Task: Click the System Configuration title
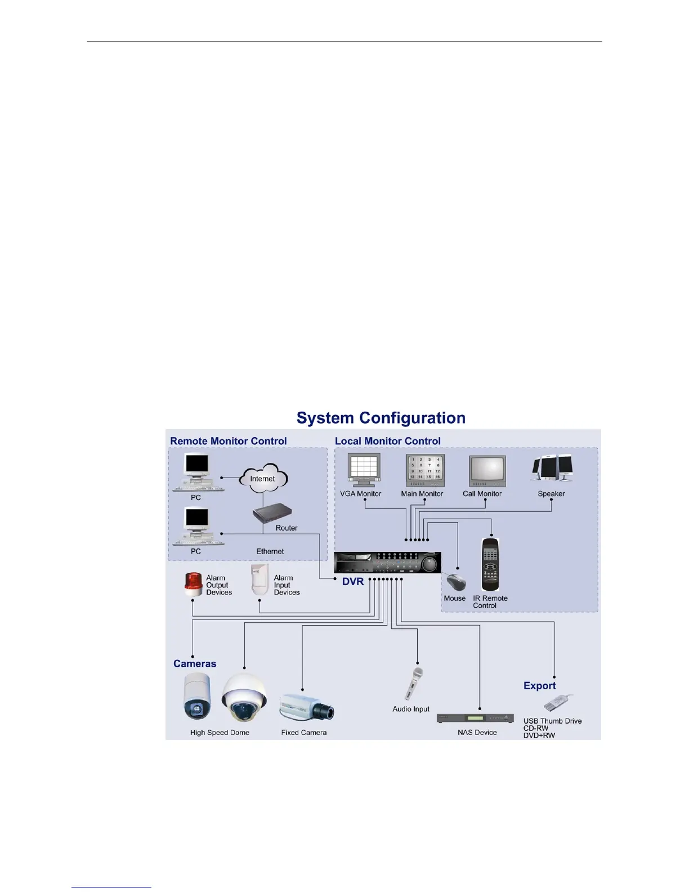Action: tap(381, 418)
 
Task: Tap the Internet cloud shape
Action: tap(263, 479)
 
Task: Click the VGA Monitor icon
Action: tap(364, 470)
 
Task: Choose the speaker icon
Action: tap(552, 469)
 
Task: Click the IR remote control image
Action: tap(490, 564)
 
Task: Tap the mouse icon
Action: tap(456, 582)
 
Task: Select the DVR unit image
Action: tap(387, 563)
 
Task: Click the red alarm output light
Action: tap(193, 585)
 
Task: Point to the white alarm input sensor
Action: tap(260, 580)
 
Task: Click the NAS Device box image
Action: tap(475, 719)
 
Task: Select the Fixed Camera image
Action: tap(306, 707)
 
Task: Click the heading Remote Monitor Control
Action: tap(229, 441)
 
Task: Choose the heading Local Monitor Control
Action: tap(388, 441)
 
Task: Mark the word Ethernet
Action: tap(270, 551)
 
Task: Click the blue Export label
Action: tap(539, 685)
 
